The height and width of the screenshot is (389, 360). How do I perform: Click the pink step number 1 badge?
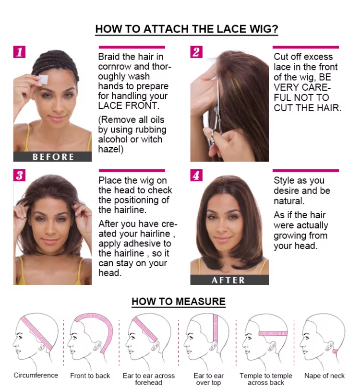19,52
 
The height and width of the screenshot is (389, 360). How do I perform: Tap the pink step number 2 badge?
196,52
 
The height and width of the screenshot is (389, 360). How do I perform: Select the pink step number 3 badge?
19,176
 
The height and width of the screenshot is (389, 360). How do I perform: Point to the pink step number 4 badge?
196,176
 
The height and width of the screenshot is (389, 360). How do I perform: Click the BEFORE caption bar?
52,156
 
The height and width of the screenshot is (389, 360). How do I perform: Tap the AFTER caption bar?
229,280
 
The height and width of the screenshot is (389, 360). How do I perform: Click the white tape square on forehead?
44,79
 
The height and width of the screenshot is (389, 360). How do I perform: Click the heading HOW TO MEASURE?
179,301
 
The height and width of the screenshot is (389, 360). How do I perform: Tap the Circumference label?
36,375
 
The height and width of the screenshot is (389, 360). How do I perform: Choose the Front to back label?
90,376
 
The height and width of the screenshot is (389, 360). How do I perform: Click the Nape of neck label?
324,376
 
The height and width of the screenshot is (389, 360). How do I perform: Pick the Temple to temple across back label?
266,379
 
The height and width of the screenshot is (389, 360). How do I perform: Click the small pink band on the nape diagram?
335,351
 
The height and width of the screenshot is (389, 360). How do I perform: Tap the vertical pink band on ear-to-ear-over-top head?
215,328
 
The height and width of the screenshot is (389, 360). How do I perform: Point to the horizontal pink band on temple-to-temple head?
273,333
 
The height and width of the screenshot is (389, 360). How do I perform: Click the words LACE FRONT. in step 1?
129,106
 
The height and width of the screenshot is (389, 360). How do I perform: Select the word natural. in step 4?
289,200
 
